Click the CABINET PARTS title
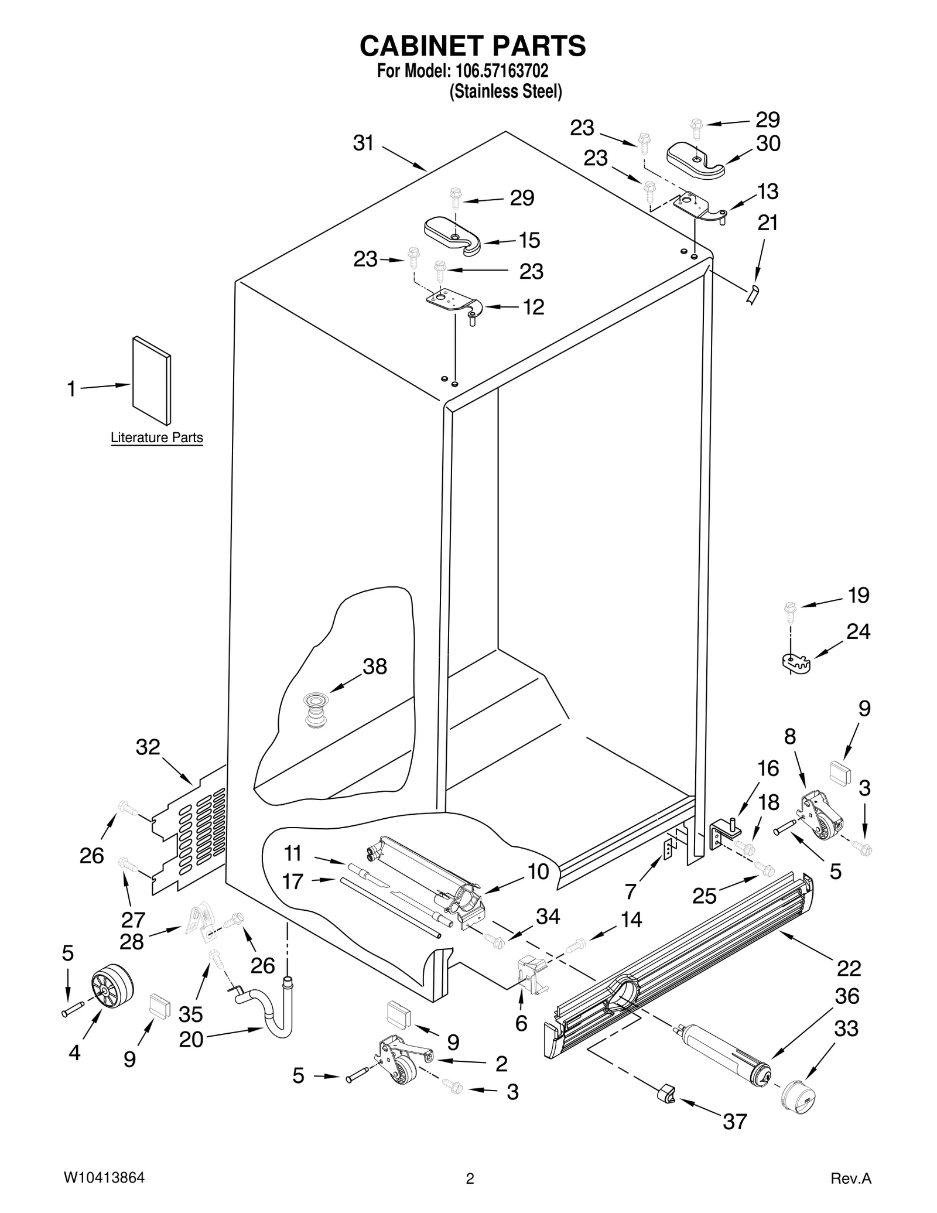coord(472,46)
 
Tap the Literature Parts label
coord(156,438)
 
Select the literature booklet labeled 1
coord(152,380)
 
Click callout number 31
coord(363,143)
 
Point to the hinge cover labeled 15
coord(452,234)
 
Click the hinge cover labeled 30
coord(695,158)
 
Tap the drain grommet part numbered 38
coord(316,710)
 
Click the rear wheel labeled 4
coord(112,986)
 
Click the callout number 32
coord(148,747)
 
